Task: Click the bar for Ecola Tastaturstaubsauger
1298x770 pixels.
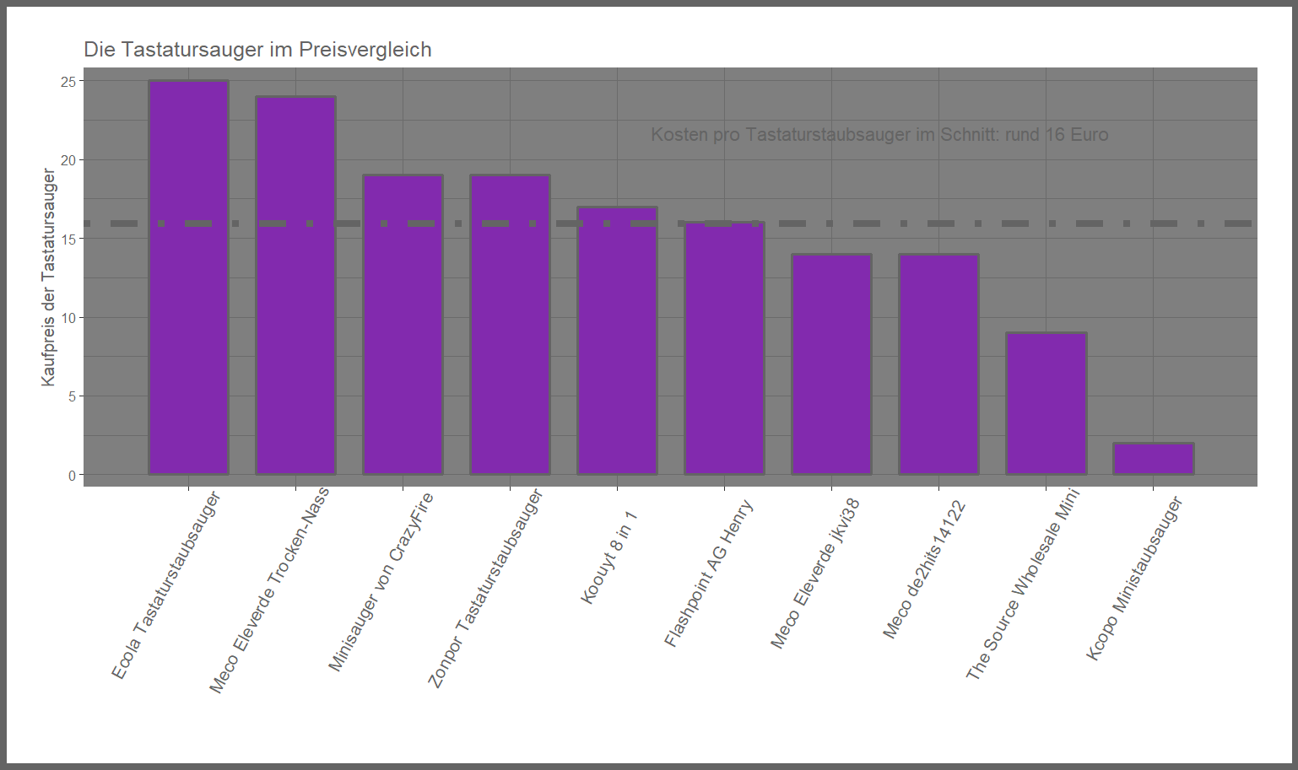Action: coord(188,278)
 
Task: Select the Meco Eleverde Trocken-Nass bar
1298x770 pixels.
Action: coord(295,286)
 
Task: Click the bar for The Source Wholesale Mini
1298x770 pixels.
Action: coord(1046,404)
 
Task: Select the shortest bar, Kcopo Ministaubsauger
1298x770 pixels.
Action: coord(1153,459)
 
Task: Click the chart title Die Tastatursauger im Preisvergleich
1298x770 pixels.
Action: coord(257,50)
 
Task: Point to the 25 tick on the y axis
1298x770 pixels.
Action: coord(68,82)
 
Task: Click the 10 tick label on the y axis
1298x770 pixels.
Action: coord(68,318)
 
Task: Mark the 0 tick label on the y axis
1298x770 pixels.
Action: coord(72,476)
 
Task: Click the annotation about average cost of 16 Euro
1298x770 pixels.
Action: coord(879,135)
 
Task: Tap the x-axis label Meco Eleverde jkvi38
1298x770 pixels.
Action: coord(815,573)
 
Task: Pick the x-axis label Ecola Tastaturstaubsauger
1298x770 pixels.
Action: coord(166,585)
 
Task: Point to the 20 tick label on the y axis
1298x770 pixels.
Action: coord(68,160)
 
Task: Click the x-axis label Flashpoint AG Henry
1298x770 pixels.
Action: coord(708,573)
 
